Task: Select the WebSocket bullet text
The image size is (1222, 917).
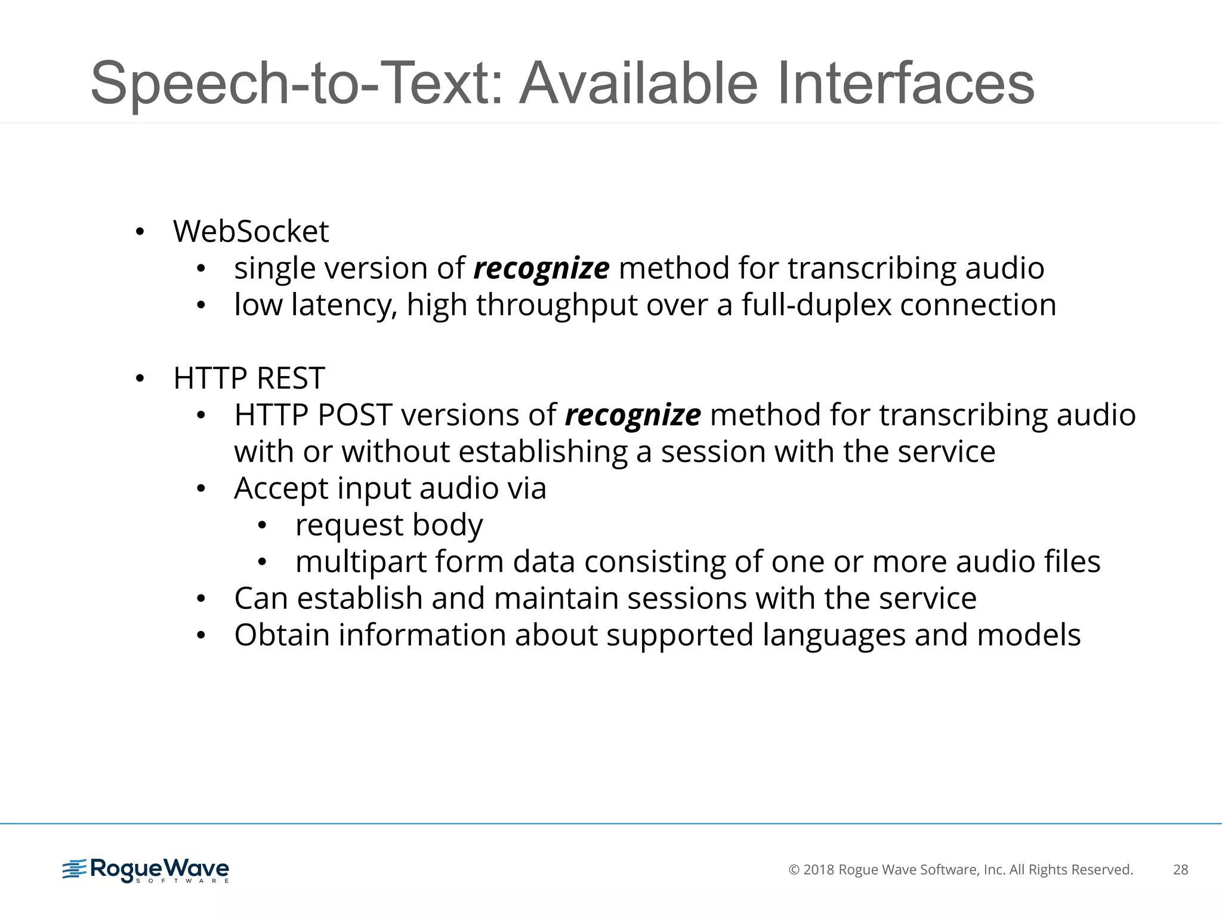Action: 251,232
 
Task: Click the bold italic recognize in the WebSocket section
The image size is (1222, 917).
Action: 541,269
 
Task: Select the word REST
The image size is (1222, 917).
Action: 291,379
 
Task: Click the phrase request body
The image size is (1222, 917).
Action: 388,525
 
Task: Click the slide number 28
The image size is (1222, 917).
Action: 1180,870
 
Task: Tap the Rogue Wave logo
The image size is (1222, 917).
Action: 146,870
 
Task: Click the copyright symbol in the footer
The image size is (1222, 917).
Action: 794,870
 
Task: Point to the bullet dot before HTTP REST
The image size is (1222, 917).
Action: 140,379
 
